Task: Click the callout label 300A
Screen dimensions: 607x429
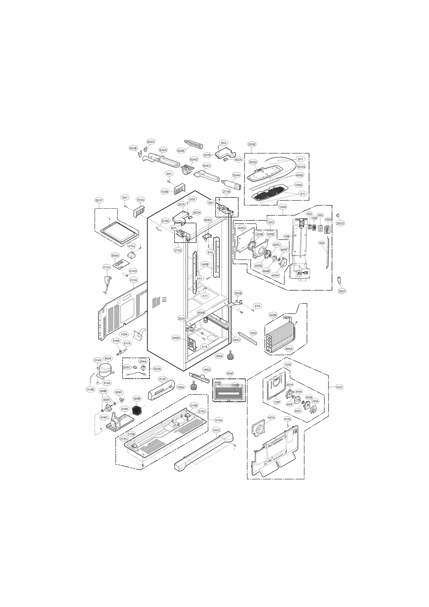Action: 108,358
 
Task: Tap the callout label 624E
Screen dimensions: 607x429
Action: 181,151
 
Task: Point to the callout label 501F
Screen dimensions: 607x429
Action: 99,200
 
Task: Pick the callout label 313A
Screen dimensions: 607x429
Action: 133,280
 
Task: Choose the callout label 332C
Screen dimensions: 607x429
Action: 339,387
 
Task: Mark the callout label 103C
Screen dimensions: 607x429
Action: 216,430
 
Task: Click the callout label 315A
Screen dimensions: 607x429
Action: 219,420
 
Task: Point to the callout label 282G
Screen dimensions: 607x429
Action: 340,223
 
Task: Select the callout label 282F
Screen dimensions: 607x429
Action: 342,291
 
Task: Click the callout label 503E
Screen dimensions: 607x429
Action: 251,144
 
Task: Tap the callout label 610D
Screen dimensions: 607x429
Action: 165,221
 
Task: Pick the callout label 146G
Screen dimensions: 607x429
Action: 207,370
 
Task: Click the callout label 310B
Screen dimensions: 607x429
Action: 90,389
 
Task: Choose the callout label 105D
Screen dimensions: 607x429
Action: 253,333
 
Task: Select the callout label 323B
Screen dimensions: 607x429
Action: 137,399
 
